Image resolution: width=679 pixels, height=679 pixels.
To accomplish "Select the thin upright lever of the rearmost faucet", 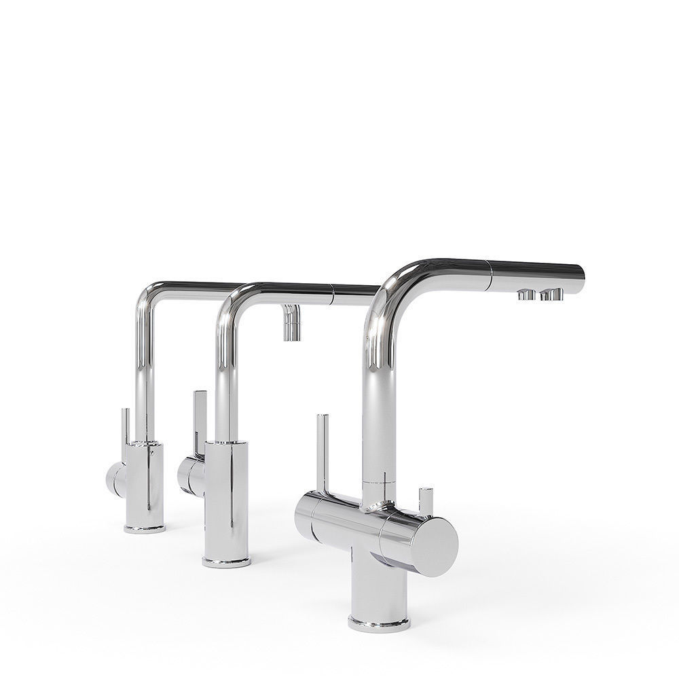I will pyautogui.click(x=125, y=435).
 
